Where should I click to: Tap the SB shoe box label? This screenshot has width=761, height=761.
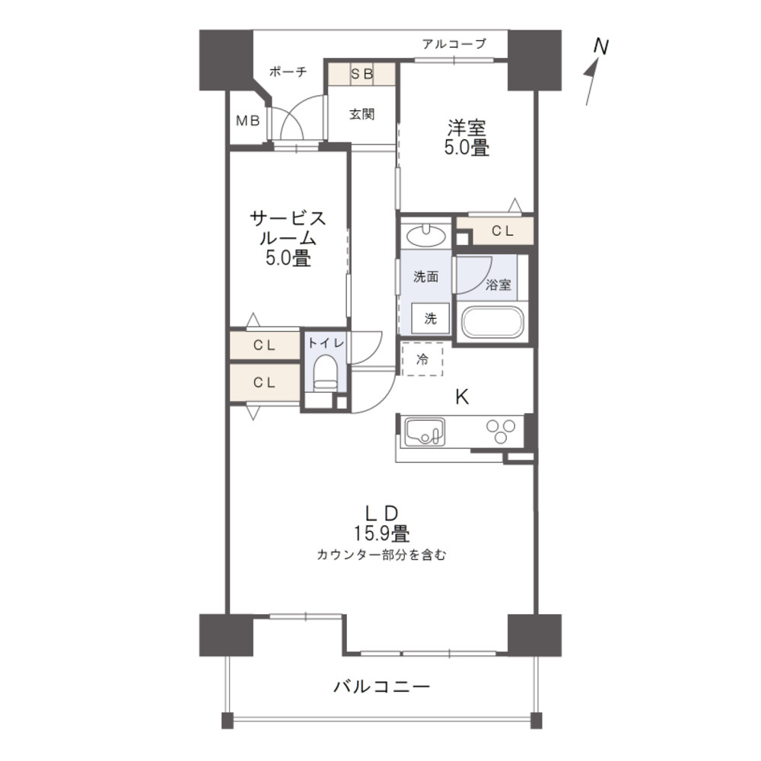[x=361, y=74]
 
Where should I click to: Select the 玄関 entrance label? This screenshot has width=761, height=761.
[x=361, y=115]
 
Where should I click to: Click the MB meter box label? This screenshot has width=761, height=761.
[x=247, y=120]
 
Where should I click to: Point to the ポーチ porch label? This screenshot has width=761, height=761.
[x=288, y=72]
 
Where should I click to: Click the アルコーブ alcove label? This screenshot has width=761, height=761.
[x=454, y=44]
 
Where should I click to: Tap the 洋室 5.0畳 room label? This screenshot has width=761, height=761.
[x=466, y=138]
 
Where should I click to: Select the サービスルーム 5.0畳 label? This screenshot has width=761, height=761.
[x=288, y=238]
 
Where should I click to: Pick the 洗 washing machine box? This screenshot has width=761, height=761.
[x=430, y=319]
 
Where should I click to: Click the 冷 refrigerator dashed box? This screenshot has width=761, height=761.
[x=422, y=358]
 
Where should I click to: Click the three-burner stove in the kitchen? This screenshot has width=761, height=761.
[x=501, y=431]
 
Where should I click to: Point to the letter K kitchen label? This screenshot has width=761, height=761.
[x=462, y=396]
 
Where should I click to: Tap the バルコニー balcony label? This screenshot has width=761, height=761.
[x=382, y=687]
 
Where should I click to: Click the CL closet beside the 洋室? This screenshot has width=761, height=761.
[x=501, y=231]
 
